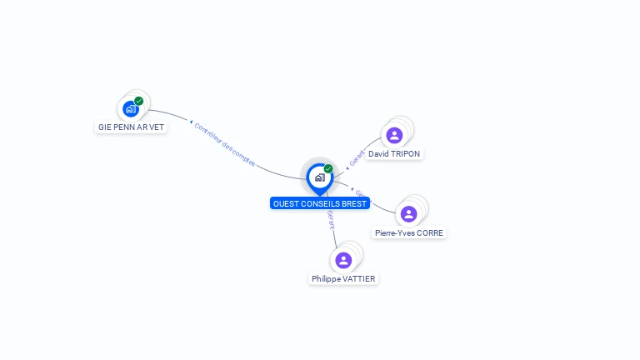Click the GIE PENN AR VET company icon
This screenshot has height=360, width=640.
130,108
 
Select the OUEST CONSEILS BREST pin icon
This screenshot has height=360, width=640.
319,177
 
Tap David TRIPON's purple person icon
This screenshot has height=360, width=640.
394,135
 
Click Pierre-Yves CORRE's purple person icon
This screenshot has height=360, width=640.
408,214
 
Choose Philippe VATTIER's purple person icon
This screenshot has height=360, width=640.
343,260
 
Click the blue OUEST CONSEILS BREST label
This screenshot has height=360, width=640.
319,203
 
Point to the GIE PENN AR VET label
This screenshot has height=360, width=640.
131,127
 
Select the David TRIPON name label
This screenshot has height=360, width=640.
394,154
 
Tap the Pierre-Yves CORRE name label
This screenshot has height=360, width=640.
408,233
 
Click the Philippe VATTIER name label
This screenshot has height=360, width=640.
343,279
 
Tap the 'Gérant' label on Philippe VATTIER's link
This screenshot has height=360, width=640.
331,218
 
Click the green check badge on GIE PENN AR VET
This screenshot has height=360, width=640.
139,101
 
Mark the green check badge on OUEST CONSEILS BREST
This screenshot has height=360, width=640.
328,168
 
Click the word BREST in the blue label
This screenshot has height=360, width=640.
352,203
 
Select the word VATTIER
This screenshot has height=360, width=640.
360,279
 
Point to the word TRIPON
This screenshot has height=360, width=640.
406,154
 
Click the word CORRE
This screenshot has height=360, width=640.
430,233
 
